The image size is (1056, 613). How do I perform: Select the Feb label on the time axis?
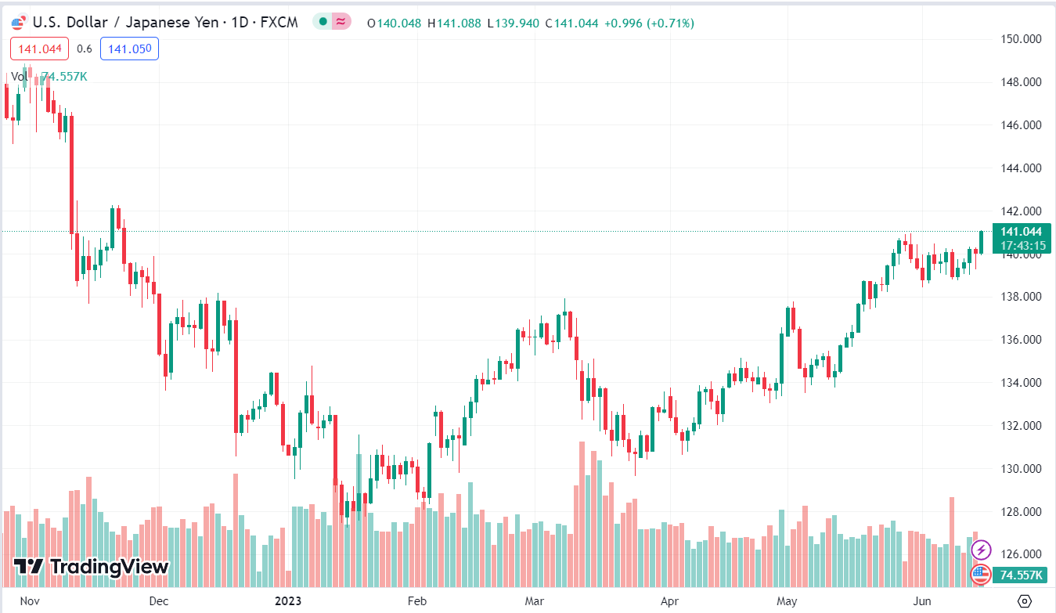click(416, 601)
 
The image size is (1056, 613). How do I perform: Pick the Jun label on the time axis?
click(924, 601)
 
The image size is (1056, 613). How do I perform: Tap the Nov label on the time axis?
click(29, 601)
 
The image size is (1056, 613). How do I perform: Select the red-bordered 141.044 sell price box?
click(40, 49)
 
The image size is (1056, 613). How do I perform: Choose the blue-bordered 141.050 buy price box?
click(129, 49)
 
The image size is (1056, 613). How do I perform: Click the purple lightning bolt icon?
click(981, 550)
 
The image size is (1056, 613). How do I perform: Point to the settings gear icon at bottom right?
click(1024, 600)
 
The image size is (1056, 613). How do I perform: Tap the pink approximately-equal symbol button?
click(341, 22)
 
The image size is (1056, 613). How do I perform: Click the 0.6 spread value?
click(85, 49)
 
